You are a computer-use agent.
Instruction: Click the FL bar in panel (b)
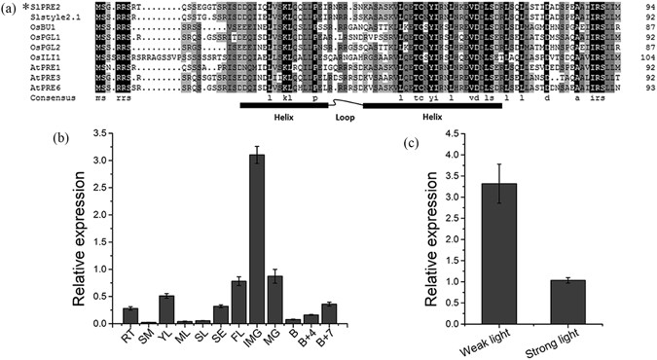pos(238,302)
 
